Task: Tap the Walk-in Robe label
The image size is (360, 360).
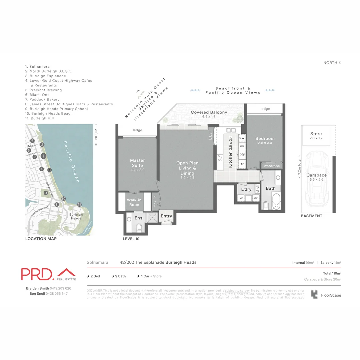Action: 134,202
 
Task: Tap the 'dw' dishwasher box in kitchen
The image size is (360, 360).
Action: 242,138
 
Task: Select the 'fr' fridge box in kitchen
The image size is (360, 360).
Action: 242,164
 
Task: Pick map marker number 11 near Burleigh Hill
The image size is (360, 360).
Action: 79,204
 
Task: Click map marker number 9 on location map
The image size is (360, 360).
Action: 46,193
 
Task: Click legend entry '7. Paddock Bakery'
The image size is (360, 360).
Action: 42,99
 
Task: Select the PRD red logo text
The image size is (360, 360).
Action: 37,274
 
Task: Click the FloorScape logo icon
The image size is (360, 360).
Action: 314,294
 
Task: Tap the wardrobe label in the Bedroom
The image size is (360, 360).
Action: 272,166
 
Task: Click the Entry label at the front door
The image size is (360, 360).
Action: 166,216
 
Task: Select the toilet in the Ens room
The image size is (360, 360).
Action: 139,228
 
